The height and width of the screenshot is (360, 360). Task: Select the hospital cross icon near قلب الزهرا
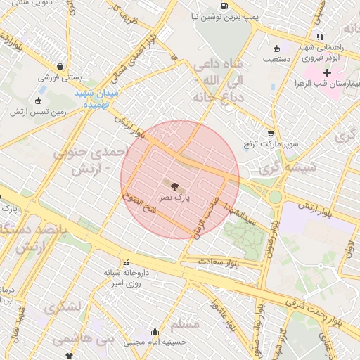327,72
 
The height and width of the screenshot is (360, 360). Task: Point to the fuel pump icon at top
224,6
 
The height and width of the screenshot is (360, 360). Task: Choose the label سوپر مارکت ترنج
269,145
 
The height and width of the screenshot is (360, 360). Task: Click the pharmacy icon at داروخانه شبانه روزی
127,262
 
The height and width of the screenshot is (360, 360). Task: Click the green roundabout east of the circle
274,197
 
